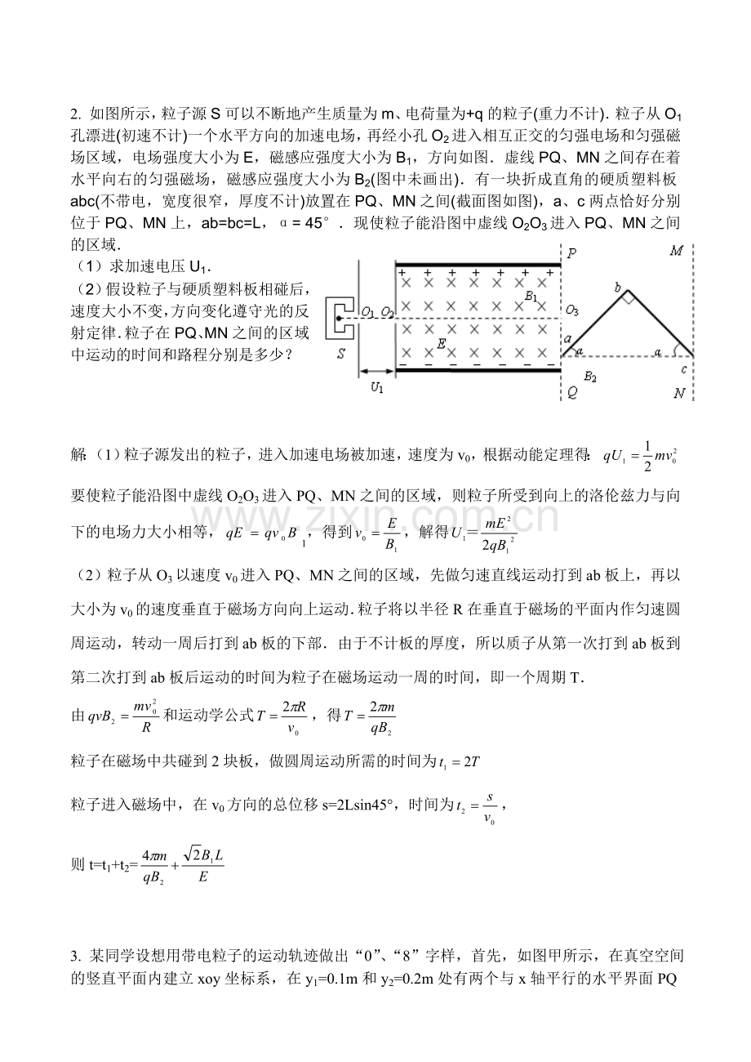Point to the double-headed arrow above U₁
tap(376, 373)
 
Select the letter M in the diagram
tap(676, 252)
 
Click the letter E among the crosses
tap(441, 344)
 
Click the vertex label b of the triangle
tap(618, 286)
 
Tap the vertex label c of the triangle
tap(684, 369)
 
